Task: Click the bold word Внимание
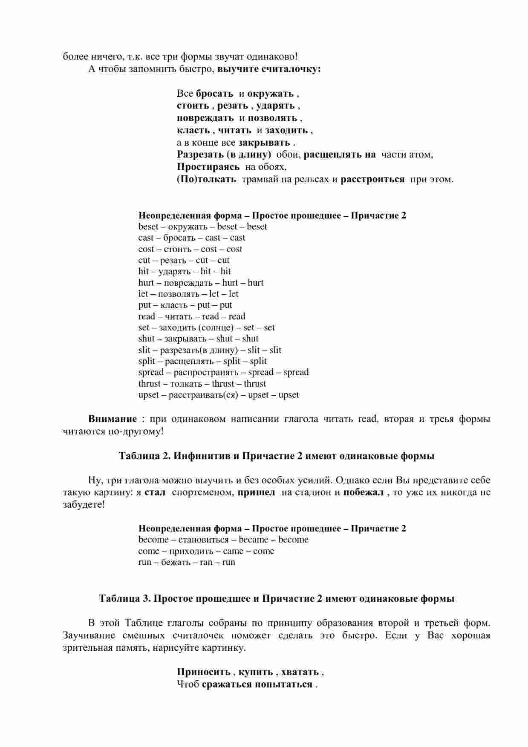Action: pos(113,419)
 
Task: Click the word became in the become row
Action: pos(254,540)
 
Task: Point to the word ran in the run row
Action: pos(206,562)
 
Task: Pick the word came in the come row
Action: pos(233,551)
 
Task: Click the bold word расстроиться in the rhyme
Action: pos(372,179)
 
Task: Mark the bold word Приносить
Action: pos(204,672)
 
